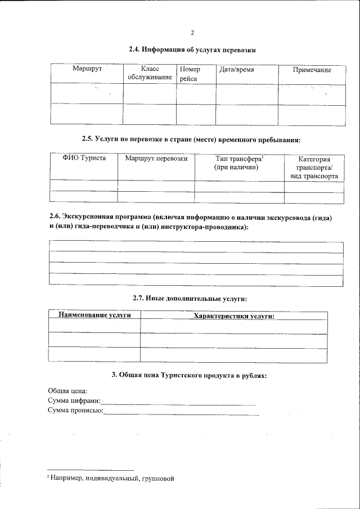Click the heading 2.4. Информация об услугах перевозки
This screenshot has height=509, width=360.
tap(192, 50)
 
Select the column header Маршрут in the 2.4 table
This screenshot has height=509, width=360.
tap(87, 69)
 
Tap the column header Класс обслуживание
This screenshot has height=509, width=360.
tap(150, 74)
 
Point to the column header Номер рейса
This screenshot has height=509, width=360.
tap(190, 74)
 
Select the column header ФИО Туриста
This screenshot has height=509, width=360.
tap(84, 159)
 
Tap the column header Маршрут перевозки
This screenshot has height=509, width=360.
tap(156, 159)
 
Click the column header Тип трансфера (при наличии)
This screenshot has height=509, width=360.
tap(239, 163)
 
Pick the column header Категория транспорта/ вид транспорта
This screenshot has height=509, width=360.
tap(314, 168)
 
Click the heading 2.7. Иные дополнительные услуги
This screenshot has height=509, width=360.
tap(190, 298)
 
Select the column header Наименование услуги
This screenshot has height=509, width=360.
tap(94, 316)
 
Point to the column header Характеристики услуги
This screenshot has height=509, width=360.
tap(233, 316)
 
